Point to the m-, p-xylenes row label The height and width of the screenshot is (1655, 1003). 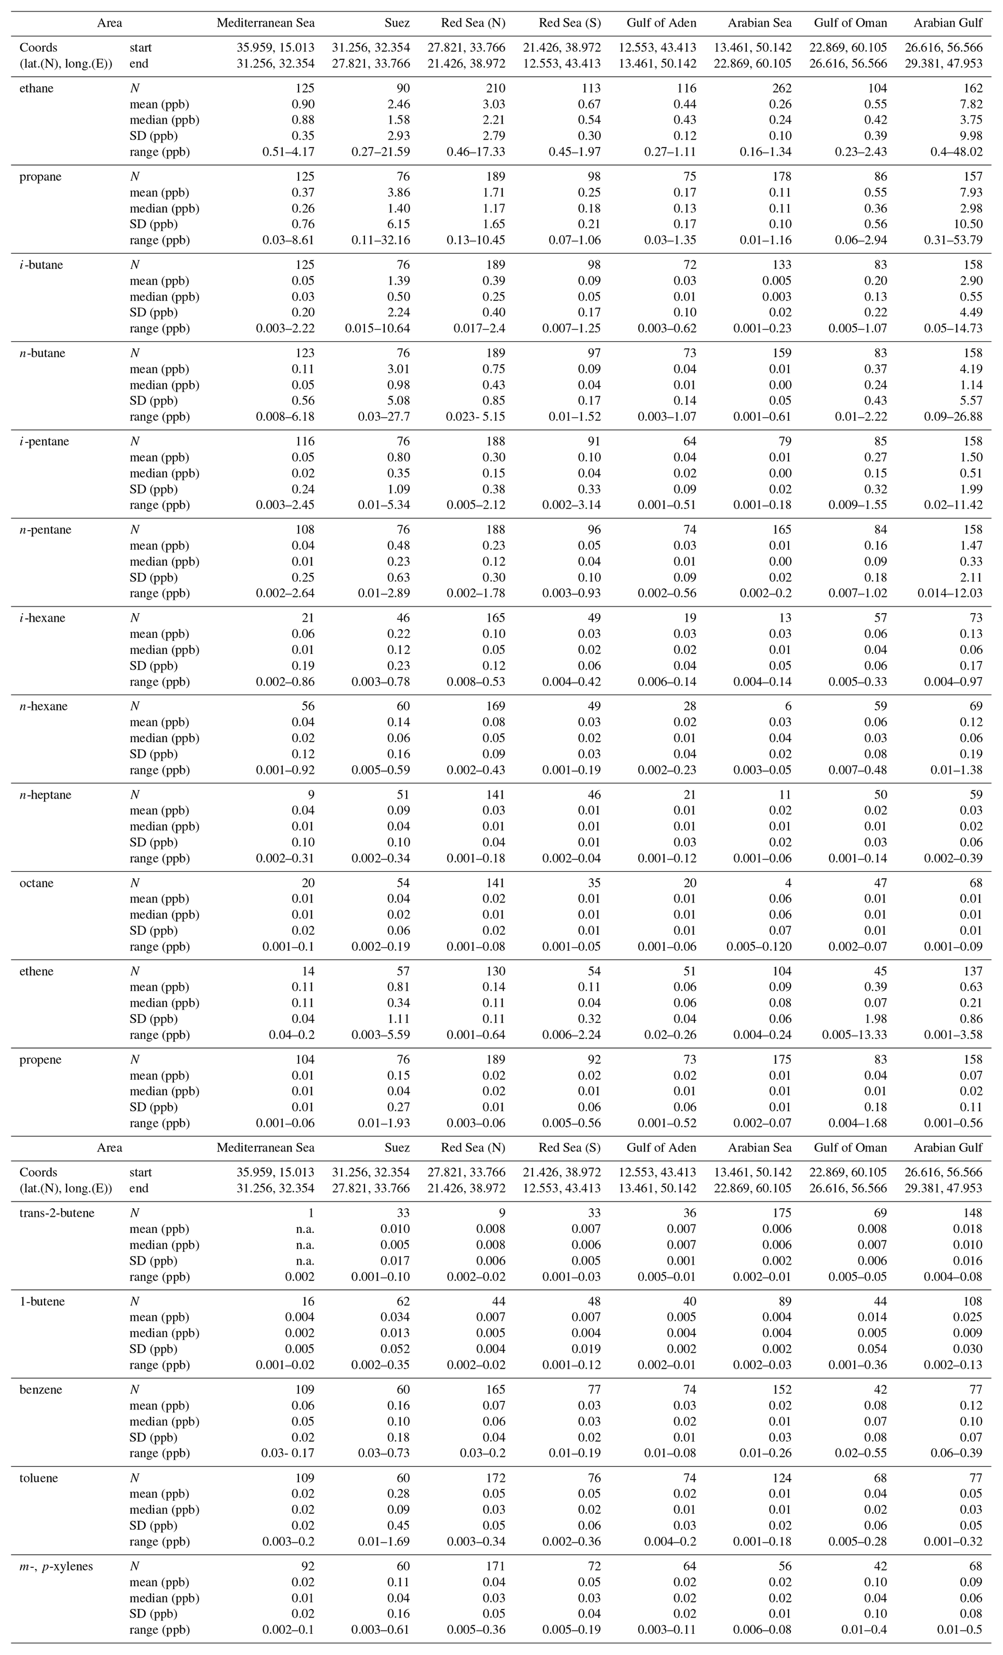[56, 1566]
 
